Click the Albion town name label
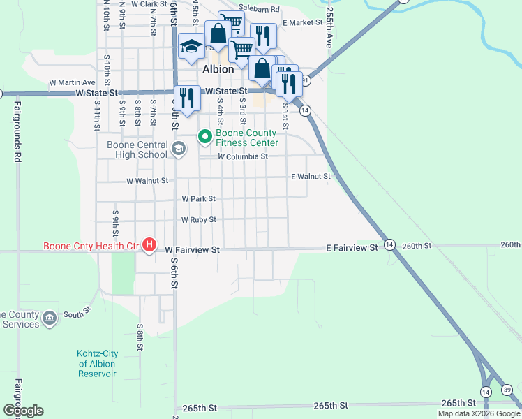[x=218, y=70]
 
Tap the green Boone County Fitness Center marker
[x=205, y=137]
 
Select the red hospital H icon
[x=149, y=244]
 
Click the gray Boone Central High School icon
[x=179, y=148]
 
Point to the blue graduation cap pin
[x=191, y=47]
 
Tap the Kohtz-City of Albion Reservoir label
[x=97, y=364]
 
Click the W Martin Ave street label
[x=72, y=82]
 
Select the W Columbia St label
[x=243, y=157]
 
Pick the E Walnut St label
[x=310, y=177]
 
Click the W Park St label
[x=198, y=199]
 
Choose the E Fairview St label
[x=352, y=248]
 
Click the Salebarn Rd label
[x=258, y=9]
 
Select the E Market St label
[x=303, y=23]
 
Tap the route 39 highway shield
[x=507, y=390]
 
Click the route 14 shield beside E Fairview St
[x=389, y=244]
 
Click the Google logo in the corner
[x=23, y=410]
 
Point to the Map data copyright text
[x=479, y=413]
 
